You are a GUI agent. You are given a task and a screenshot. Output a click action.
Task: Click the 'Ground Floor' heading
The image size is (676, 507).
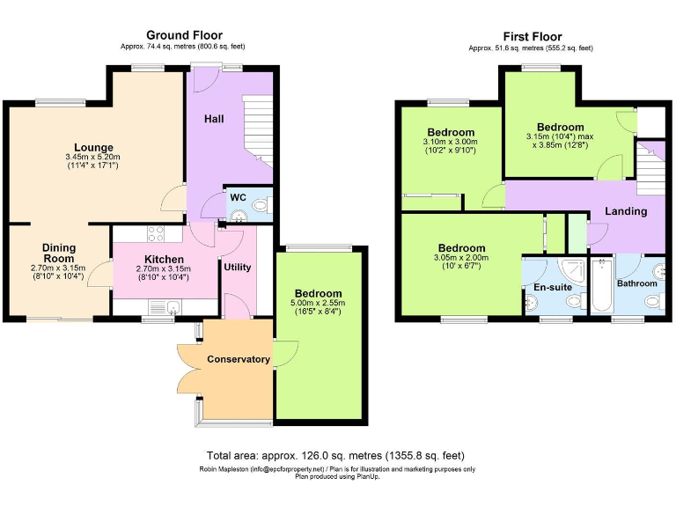coord(184,35)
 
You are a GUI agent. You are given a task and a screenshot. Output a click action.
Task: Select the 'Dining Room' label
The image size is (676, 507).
coord(59,254)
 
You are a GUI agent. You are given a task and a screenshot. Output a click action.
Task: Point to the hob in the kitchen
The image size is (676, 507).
coord(156,234)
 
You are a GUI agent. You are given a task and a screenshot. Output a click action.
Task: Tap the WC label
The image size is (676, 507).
coord(237,197)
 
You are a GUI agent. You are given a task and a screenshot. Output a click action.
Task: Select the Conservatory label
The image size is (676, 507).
coord(238,359)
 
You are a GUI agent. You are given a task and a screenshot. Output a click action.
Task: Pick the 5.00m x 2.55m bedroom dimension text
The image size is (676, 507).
coord(319,307)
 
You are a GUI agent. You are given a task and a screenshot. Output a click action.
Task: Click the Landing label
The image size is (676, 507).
coord(626,211)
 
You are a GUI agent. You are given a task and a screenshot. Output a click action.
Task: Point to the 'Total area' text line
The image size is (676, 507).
coord(335,456)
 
